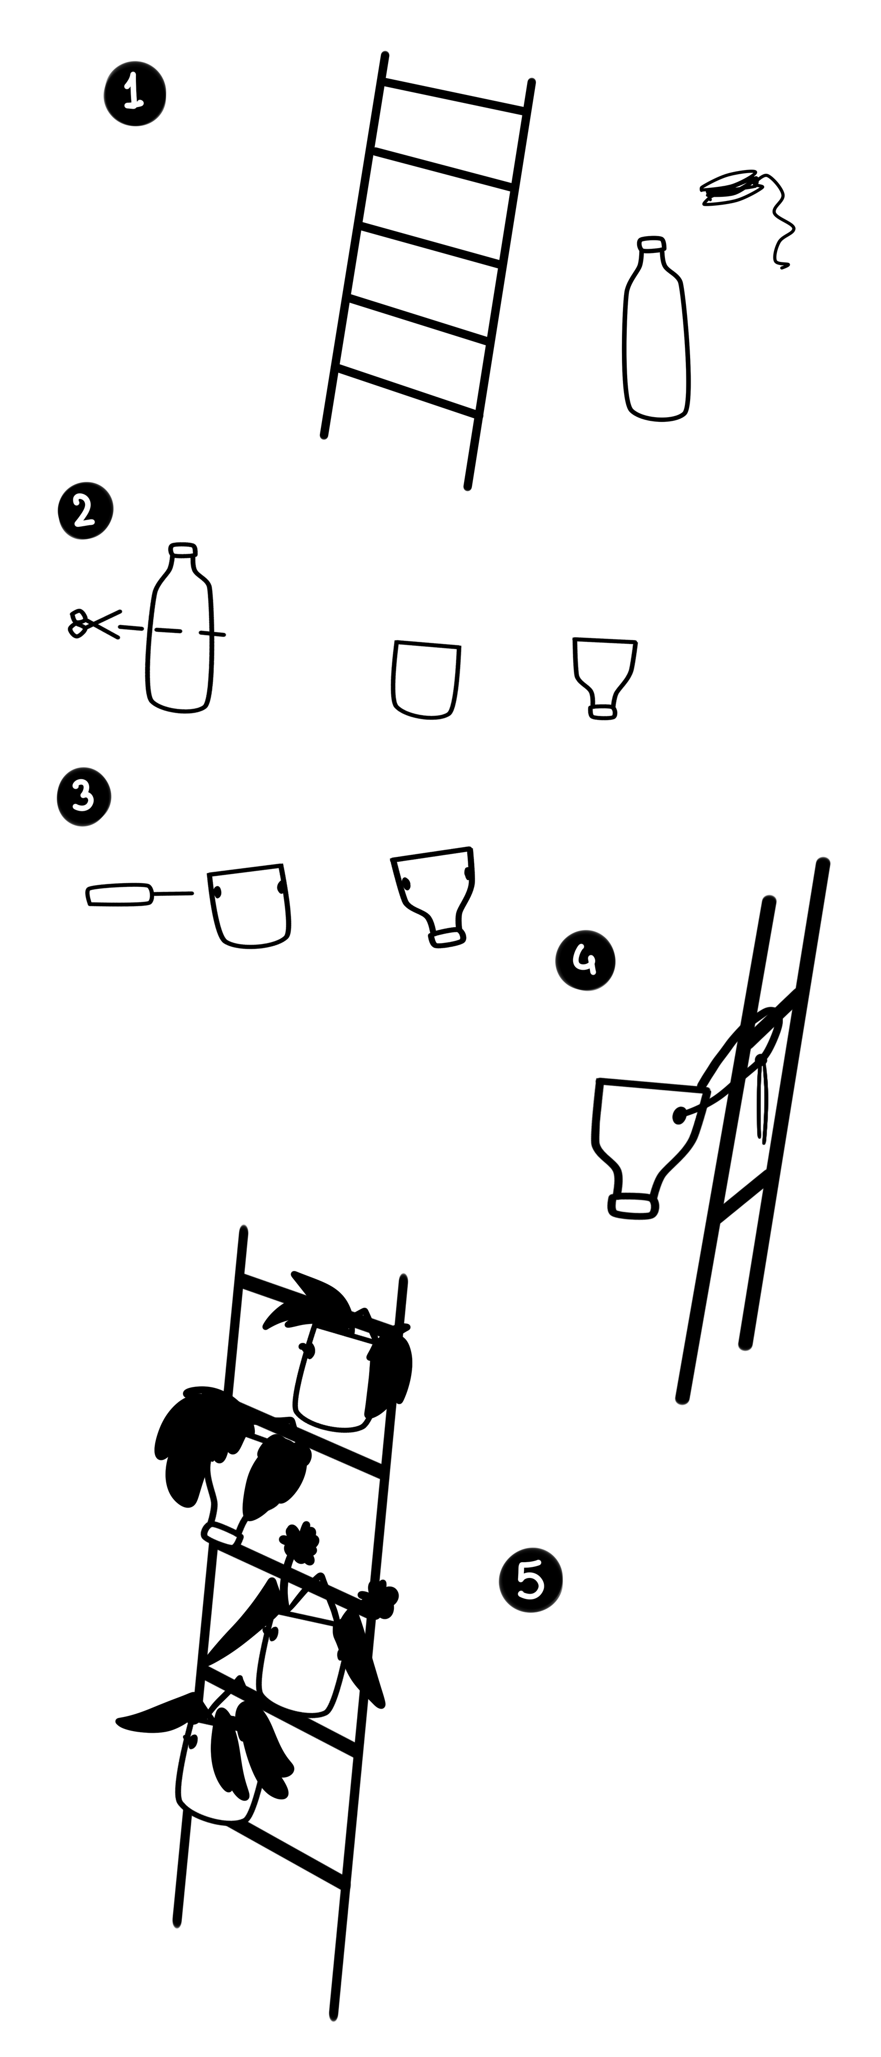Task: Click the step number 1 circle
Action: tap(135, 94)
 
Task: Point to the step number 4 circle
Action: tap(586, 961)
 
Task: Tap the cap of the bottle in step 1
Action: tap(651, 243)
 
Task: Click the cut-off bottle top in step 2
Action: tap(604, 678)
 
